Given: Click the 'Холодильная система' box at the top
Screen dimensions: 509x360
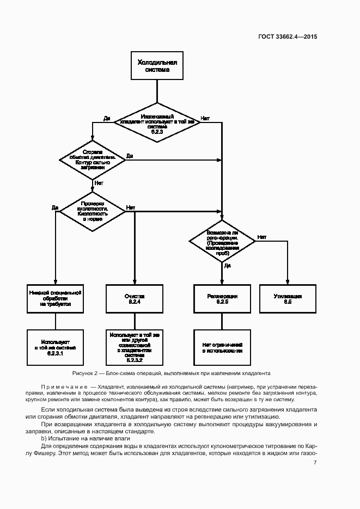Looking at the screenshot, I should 157,66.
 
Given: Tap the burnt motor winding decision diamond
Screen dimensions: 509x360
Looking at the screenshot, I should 93,158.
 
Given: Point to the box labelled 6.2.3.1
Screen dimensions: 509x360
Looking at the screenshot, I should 55,347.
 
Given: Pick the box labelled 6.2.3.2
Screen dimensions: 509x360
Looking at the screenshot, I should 134,347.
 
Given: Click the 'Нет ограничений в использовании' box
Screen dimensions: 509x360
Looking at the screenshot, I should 222,347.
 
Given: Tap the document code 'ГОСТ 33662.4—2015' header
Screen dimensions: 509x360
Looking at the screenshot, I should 288,37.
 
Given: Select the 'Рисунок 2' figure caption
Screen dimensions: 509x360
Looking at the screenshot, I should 171,373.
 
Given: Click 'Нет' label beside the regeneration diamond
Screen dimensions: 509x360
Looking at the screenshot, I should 262,237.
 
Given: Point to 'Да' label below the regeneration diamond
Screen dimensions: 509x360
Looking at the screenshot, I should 228,265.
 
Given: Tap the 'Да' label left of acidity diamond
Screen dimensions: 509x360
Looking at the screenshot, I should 54,207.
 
